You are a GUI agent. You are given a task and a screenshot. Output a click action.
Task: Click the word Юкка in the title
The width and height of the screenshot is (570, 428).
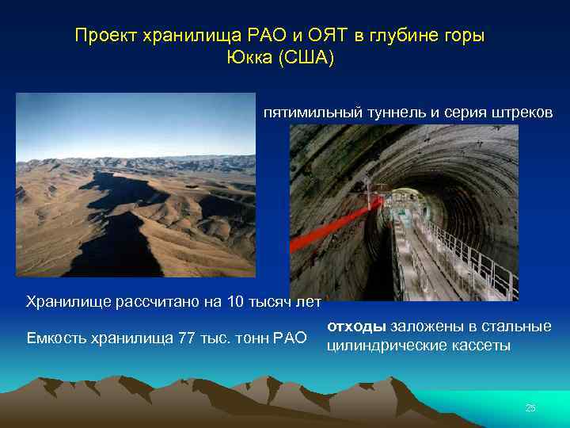249,59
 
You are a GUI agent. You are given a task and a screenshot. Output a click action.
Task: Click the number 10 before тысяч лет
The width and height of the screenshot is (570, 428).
236,301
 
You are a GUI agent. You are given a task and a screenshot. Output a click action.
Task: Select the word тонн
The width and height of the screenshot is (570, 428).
247,339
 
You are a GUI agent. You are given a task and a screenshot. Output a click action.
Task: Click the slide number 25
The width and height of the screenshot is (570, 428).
530,408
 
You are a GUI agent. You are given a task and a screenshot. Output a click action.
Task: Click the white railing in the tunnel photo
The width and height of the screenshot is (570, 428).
475,254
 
